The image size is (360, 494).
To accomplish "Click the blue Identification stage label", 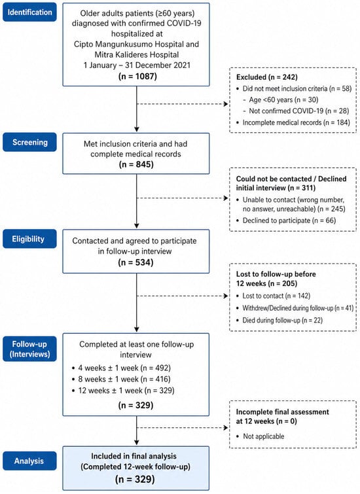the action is pos(29,12).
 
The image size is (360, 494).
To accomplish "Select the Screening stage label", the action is pos(29,142).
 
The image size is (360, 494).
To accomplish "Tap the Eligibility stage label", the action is pos(29,239).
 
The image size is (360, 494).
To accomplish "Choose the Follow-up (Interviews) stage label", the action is pos(29,349).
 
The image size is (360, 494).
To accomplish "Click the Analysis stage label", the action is pos(29,461).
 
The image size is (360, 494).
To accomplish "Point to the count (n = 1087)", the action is pos(137,77).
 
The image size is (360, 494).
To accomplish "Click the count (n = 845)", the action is pos(136,164).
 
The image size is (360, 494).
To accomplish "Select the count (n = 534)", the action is pos(136,262).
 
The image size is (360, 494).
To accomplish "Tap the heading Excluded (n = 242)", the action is pos(266,77).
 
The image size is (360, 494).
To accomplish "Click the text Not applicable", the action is pos(264,436).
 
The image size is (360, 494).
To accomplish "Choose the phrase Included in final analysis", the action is pos(134,456).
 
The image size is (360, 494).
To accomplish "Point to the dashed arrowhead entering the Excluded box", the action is pos(226,104).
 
